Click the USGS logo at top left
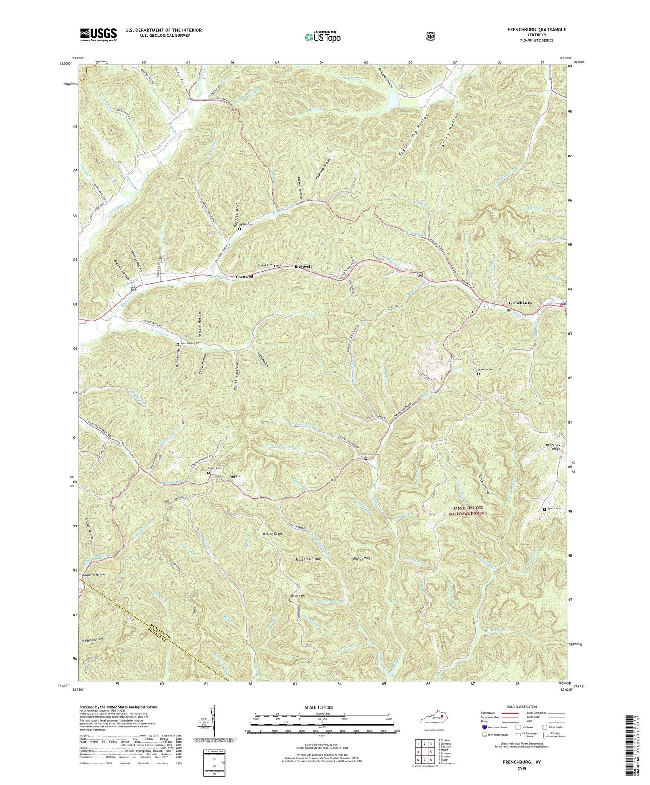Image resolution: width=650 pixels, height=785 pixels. [98, 34]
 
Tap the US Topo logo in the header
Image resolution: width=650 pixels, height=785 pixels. [322, 37]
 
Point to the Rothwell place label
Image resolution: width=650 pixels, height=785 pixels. [303, 267]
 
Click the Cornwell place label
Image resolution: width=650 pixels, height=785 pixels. [244, 277]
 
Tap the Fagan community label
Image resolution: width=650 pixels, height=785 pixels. [233, 476]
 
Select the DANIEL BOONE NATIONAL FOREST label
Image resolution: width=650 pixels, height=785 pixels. [469, 510]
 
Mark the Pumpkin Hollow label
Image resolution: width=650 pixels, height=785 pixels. [93, 575]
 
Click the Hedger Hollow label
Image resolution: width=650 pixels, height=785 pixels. [92, 639]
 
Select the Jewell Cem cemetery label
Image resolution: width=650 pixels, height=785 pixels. [555, 509]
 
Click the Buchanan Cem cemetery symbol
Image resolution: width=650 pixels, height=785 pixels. [366, 459]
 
